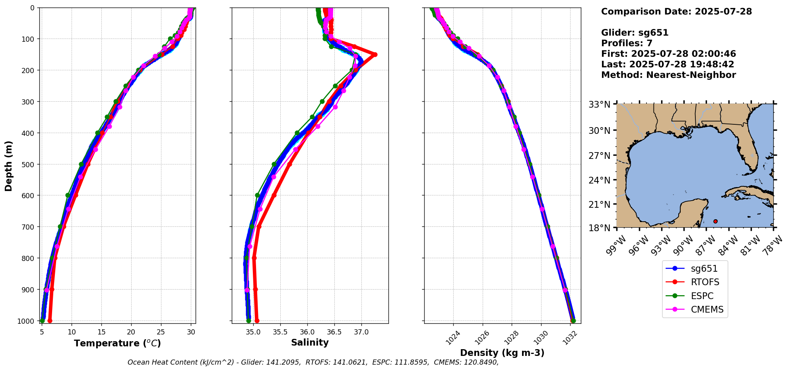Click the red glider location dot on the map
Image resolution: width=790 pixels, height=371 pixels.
[715, 221]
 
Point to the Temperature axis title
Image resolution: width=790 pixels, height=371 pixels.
[117, 343]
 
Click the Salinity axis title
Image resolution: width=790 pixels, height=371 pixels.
[310, 342]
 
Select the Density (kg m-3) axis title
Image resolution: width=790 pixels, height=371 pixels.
[502, 353]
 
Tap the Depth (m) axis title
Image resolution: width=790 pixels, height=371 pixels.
[9, 166]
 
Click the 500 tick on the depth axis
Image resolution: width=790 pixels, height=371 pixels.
[29, 164]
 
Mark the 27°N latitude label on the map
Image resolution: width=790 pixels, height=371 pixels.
[599, 155]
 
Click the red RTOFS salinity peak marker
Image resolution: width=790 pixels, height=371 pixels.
[375, 54]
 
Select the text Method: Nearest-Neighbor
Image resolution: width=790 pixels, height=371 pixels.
[668, 75]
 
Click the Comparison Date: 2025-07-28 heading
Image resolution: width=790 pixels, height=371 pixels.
[676, 12]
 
